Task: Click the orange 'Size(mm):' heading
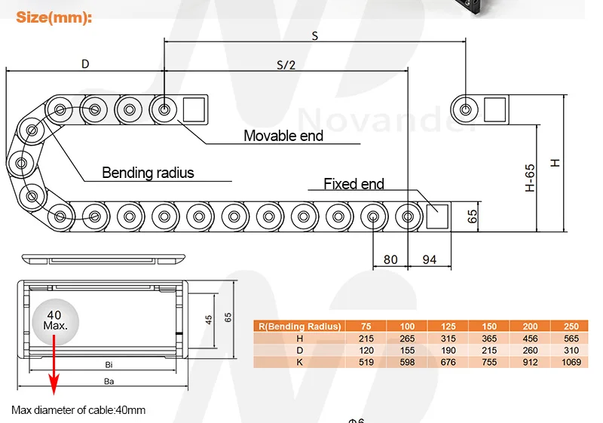click(x=54, y=17)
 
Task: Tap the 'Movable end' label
click(x=283, y=136)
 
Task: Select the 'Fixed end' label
click(x=354, y=184)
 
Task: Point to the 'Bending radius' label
click(x=148, y=173)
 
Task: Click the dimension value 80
click(x=390, y=259)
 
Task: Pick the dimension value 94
click(x=430, y=259)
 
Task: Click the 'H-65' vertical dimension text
click(x=530, y=178)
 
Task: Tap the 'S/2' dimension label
click(x=286, y=65)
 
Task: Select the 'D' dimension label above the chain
click(x=85, y=64)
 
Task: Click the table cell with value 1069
click(x=571, y=362)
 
